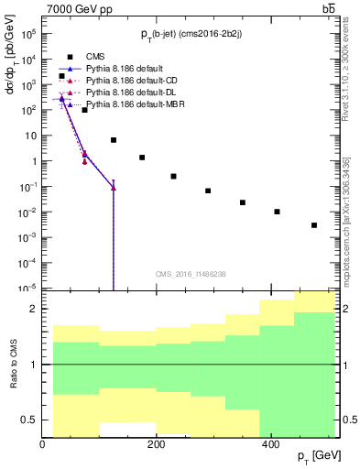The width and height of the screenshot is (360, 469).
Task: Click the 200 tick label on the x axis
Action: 156,443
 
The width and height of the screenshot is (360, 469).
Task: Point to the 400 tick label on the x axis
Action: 269,443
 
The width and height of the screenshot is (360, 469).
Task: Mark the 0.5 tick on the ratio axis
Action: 31,420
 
